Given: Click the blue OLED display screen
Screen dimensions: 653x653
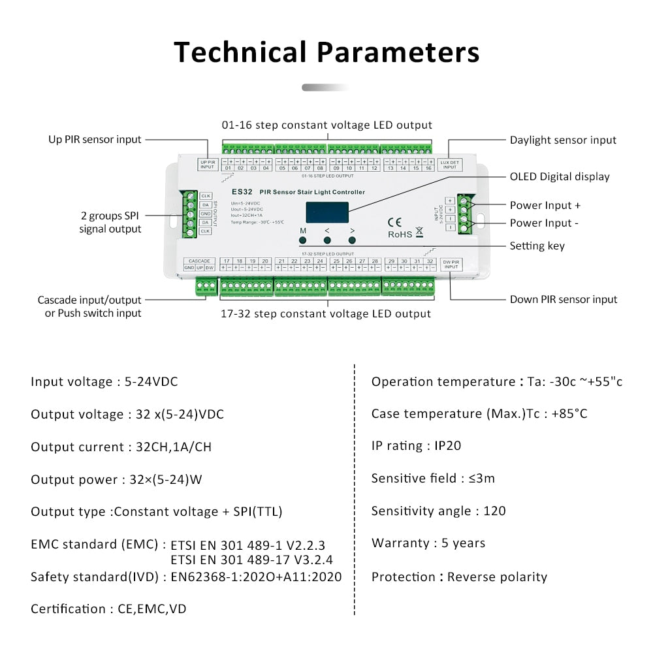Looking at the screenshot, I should click(327, 212).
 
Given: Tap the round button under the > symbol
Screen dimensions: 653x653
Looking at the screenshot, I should click(353, 240).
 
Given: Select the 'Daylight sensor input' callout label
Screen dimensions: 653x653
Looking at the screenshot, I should click(563, 140).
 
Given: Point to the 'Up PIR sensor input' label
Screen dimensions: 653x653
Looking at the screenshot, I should click(95, 139).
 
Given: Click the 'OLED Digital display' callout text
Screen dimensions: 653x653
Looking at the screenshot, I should click(560, 176).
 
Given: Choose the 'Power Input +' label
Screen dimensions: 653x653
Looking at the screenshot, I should click(545, 205).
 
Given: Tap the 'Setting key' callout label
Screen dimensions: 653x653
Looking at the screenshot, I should click(537, 246).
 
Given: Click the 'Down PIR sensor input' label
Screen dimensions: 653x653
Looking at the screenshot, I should click(564, 299).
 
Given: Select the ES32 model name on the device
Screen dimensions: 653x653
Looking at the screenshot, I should click(242, 192).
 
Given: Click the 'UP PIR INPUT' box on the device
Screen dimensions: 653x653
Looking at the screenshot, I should click(207, 164).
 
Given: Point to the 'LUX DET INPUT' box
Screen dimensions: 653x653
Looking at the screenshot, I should click(450, 164).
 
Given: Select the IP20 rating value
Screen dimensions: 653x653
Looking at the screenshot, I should click(448, 446).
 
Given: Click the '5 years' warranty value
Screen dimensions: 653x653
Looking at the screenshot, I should click(464, 543).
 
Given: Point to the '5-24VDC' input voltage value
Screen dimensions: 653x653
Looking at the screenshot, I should click(151, 381).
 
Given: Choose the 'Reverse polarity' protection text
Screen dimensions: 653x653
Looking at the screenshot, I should click(497, 577).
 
